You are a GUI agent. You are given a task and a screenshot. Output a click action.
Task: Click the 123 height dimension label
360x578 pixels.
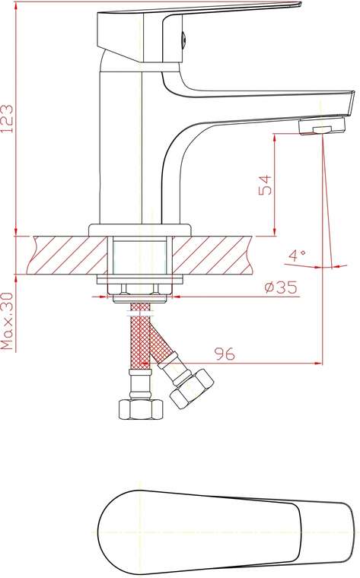(8, 119)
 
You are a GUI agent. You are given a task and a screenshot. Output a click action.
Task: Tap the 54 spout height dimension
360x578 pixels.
(265, 185)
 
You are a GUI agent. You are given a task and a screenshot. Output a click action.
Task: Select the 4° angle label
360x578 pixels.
(297, 255)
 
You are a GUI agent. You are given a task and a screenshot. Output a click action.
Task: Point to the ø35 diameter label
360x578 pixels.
(281, 287)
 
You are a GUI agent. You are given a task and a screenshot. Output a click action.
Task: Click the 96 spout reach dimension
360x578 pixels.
(225, 354)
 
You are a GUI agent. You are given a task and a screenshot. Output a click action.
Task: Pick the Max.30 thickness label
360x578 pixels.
(8, 322)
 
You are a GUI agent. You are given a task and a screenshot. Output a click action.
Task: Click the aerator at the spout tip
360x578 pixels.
(323, 125)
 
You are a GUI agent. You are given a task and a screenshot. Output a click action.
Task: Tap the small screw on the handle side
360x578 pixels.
(183, 39)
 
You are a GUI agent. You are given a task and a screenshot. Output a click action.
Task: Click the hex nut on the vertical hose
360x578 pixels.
(141, 408)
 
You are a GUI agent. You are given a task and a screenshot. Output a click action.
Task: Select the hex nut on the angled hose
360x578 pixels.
(191, 389)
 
